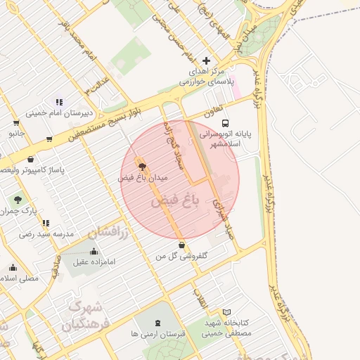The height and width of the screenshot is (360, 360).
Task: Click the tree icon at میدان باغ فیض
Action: [143, 167]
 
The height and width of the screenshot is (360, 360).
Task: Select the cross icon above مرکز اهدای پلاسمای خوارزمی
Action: [206, 60]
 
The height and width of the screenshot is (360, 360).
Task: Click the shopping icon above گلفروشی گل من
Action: [183, 245]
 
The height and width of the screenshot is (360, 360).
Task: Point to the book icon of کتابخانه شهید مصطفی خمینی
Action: [226, 311]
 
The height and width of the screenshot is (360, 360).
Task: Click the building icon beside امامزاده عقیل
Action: [94, 252]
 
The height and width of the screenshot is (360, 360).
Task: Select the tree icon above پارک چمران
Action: [18, 200]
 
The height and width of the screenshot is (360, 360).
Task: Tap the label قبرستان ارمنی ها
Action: [157, 335]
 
